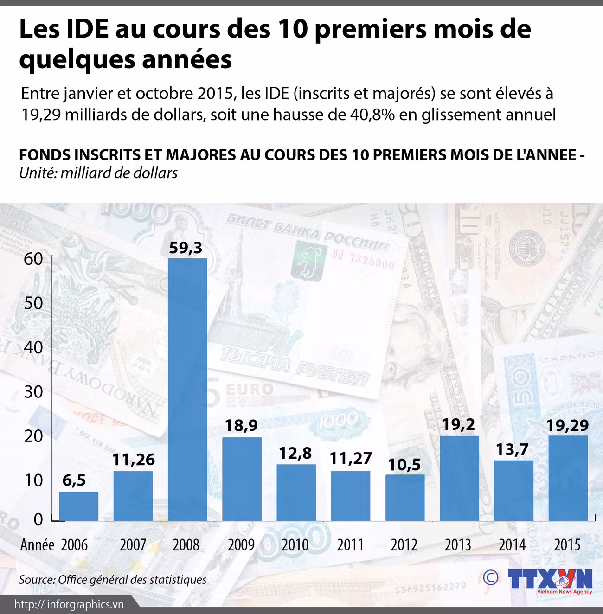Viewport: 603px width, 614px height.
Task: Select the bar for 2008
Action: (187, 390)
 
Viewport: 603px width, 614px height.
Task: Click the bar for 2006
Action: (79, 506)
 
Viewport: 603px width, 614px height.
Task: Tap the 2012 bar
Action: (405, 498)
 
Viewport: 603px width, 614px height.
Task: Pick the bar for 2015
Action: (568, 478)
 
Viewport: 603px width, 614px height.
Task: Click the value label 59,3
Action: (186, 248)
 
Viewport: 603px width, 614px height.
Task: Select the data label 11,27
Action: (351, 458)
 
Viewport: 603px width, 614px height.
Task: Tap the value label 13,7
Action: (513, 449)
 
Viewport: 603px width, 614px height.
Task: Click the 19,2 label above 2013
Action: (458, 424)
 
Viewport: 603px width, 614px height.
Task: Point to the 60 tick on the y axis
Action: (33, 259)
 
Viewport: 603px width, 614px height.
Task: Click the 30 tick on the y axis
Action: (33, 391)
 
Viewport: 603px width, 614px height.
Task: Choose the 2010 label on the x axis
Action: (295, 544)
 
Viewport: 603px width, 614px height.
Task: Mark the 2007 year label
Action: (133, 544)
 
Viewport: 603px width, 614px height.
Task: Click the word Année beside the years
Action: (37, 544)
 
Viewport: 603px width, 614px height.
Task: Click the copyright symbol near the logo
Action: (490, 577)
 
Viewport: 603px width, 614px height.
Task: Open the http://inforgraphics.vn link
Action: (69, 604)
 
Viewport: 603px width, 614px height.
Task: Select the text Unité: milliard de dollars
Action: (98, 173)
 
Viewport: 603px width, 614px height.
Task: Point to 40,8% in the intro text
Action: (371, 114)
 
